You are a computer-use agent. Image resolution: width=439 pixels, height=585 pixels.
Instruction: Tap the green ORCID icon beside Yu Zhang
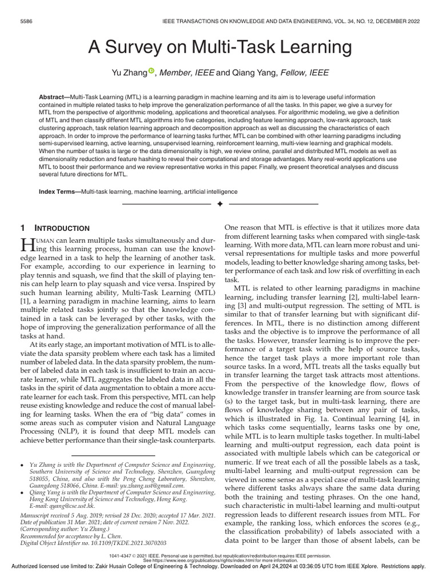click(x=151, y=71)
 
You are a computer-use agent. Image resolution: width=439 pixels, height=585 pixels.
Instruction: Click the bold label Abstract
click(x=51, y=98)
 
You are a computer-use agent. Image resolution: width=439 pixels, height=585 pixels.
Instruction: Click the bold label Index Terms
click(x=59, y=191)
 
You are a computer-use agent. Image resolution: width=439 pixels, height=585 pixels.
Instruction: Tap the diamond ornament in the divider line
click(x=219, y=204)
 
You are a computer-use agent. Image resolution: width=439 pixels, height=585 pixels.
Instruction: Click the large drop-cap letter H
click(x=27, y=245)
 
